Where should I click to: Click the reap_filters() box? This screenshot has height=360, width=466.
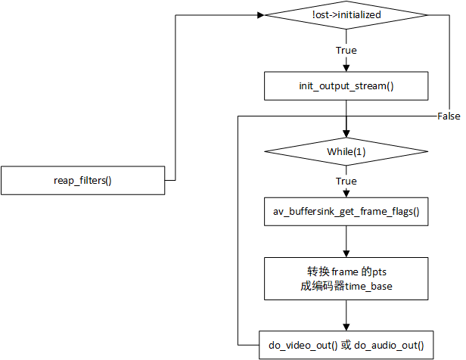pyautogui.click(x=83, y=180)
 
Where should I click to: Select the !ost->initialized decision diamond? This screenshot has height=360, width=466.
pyautogui.click(x=346, y=15)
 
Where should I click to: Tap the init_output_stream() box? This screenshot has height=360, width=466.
pyautogui.click(x=346, y=86)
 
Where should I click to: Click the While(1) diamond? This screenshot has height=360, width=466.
pyautogui.click(x=346, y=151)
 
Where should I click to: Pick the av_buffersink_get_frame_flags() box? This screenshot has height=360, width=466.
pyautogui.click(x=346, y=212)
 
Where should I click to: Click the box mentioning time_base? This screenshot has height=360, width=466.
pyautogui.click(x=346, y=278)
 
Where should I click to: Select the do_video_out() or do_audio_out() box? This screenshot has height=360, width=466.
pyautogui.click(x=346, y=345)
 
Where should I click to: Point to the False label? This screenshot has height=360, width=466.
pyautogui.click(x=449, y=116)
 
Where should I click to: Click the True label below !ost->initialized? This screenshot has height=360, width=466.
pyautogui.click(x=346, y=50)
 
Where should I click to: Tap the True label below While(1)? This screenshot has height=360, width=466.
pyautogui.click(x=346, y=181)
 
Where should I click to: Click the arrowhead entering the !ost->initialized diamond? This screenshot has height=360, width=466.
pyautogui.click(x=261, y=15)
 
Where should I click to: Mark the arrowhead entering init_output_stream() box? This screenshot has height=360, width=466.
pyautogui.click(x=346, y=68)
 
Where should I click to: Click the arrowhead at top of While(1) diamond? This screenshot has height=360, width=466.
pyautogui.click(x=346, y=134)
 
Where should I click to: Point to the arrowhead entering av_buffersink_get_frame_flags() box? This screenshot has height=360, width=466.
pyautogui.click(x=346, y=194)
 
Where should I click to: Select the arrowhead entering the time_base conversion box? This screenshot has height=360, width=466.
pyautogui.click(x=346, y=253)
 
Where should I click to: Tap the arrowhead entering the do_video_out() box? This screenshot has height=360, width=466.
pyautogui.click(x=346, y=327)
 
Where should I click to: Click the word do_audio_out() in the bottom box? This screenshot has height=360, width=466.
pyautogui.click(x=389, y=346)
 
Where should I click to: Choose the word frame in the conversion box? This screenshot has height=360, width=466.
pyautogui.click(x=345, y=272)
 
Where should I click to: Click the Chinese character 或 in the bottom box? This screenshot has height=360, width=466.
pyautogui.click(x=346, y=345)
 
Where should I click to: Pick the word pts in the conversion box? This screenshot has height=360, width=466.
pyautogui.click(x=380, y=272)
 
